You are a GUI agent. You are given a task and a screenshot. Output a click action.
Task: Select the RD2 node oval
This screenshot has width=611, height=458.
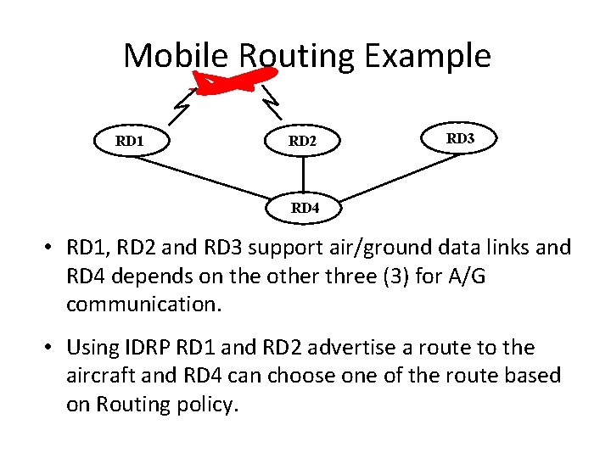pos(302,142)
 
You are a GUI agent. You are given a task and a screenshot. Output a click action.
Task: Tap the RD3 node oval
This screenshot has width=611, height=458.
pos(460,138)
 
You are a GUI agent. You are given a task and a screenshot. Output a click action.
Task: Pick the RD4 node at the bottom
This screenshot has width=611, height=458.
pos(304,207)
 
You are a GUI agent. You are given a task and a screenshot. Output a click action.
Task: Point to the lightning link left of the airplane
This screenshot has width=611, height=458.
pos(182,105)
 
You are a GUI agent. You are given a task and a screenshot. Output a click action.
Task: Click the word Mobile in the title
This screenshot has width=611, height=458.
pos(176,56)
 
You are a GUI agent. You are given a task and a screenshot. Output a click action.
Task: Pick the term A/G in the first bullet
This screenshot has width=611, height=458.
pos(461,276)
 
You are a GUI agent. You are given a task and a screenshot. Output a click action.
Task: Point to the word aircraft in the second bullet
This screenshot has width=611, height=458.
pos(99,376)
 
